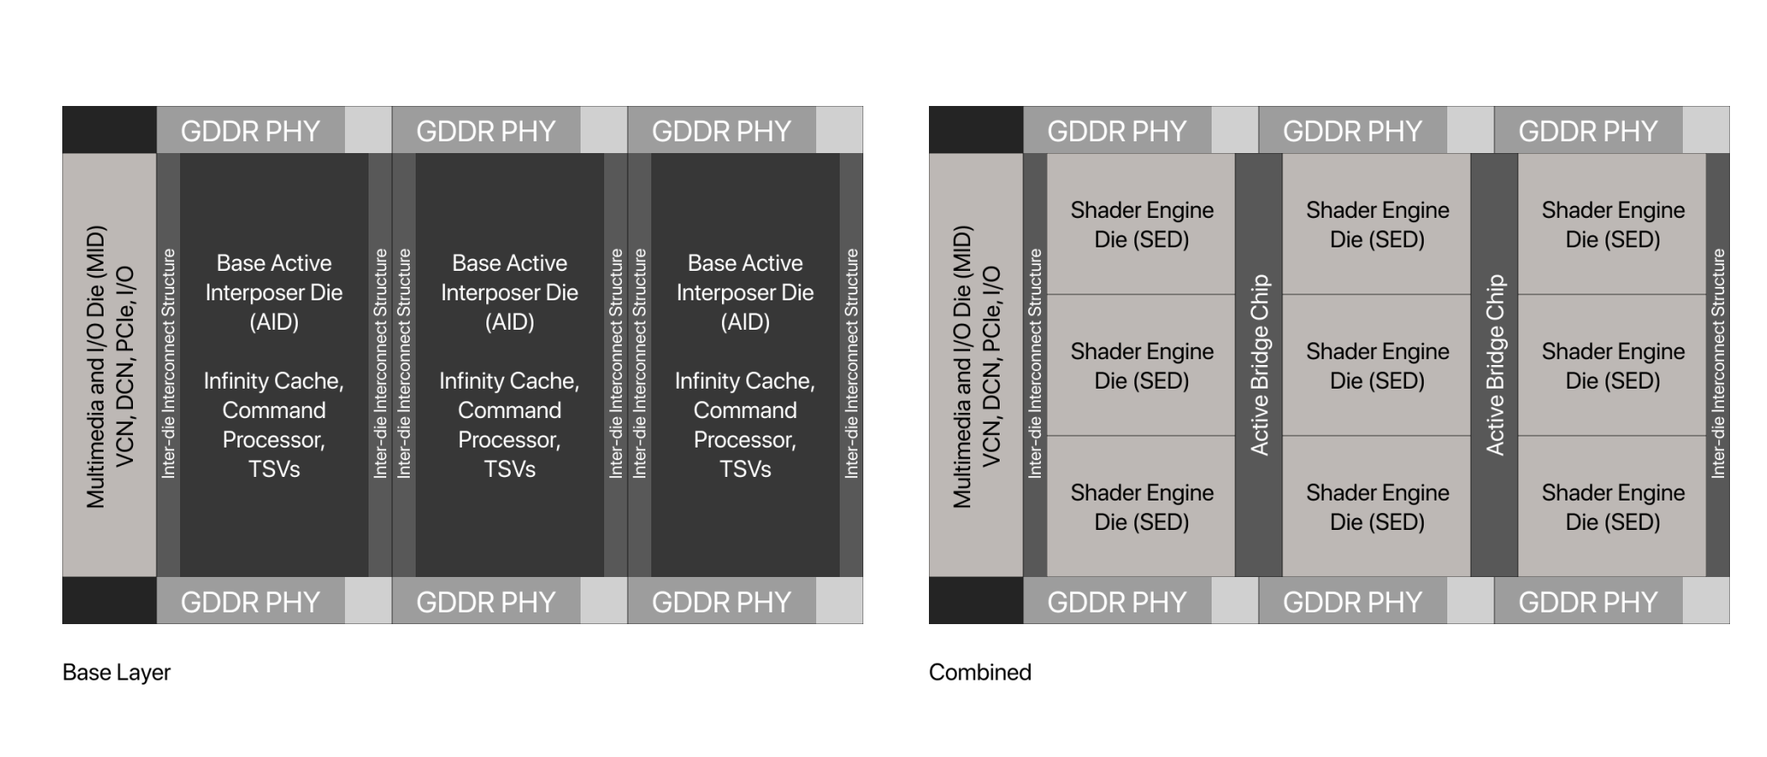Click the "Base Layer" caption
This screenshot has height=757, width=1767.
(116, 672)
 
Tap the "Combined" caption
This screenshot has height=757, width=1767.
(979, 672)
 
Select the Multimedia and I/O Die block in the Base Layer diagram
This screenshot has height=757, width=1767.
(109, 365)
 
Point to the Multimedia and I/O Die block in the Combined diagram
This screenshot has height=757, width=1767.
(976, 365)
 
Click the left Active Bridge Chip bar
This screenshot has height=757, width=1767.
(1259, 365)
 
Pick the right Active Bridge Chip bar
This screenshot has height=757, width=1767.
(1494, 365)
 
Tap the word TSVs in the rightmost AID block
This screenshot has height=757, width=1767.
(745, 468)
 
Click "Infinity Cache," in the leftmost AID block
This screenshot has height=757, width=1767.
(273, 381)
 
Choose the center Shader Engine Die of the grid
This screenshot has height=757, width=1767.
(1377, 365)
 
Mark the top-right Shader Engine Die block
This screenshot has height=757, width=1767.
(1613, 224)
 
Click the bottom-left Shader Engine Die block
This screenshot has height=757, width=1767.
(1142, 506)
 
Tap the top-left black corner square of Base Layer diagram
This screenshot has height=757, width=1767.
(109, 130)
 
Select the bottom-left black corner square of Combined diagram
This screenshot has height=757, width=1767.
(976, 601)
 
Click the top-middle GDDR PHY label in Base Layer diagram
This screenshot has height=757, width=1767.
(486, 131)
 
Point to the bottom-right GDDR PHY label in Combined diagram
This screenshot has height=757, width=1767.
(1588, 602)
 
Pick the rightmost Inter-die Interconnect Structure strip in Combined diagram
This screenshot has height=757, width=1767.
(1717, 365)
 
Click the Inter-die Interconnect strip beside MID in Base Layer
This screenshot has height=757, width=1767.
(168, 365)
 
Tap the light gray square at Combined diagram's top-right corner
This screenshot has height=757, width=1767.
(1706, 130)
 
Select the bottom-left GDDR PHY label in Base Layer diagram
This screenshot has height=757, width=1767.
(250, 602)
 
